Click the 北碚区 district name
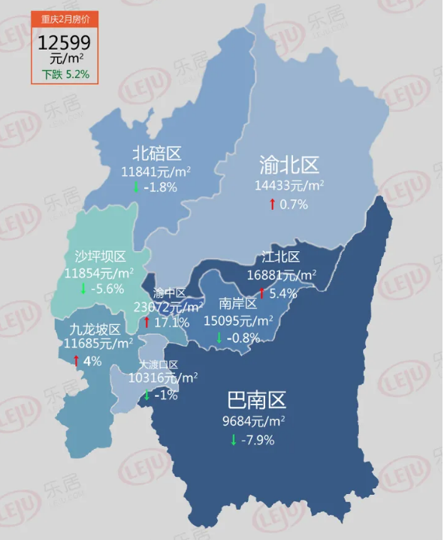(156, 154)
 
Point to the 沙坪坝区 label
(100, 256)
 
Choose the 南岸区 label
(238, 304)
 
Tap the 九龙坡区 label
(95, 329)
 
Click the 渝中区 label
(169, 292)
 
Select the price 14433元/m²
(289, 185)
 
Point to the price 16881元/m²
(282, 275)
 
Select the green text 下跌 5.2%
(65, 74)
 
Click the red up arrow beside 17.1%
(146, 322)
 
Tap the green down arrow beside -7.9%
(234, 439)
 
